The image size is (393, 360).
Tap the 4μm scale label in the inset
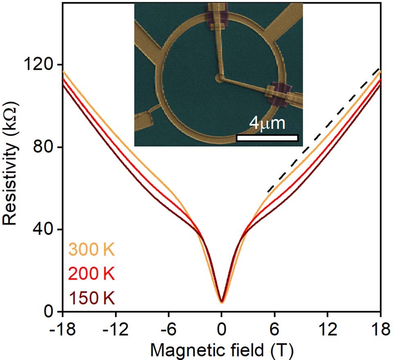click(267, 123)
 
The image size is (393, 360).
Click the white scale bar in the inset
click(267, 138)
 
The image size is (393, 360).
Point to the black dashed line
click(323, 131)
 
